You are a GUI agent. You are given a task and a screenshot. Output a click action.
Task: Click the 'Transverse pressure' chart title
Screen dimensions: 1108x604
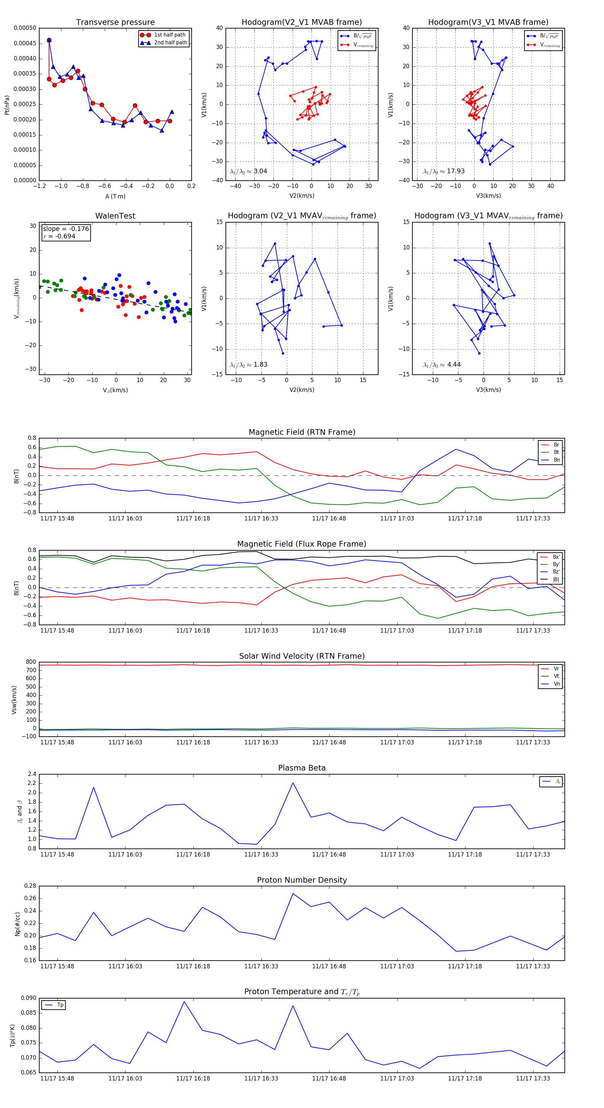point(115,22)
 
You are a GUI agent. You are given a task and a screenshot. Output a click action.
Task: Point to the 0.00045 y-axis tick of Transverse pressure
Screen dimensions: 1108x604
point(25,43)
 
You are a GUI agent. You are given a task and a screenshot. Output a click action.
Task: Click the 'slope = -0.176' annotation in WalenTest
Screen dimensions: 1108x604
point(66,229)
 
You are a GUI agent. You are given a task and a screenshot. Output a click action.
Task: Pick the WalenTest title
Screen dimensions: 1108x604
point(115,216)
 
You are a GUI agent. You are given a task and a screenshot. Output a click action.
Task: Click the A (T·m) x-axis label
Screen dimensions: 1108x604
point(115,196)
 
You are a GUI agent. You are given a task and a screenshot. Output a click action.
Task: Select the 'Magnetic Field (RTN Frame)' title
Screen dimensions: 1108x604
point(302,432)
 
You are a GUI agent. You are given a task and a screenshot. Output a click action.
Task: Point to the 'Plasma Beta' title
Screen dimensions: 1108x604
point(302,768)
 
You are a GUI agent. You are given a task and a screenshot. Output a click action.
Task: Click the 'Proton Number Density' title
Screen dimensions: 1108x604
point(302,880)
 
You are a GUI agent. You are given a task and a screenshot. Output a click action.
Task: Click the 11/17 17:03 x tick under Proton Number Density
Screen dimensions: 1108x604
point(397,966)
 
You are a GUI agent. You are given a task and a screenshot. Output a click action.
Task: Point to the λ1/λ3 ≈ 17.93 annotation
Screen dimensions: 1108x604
point(444,171)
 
